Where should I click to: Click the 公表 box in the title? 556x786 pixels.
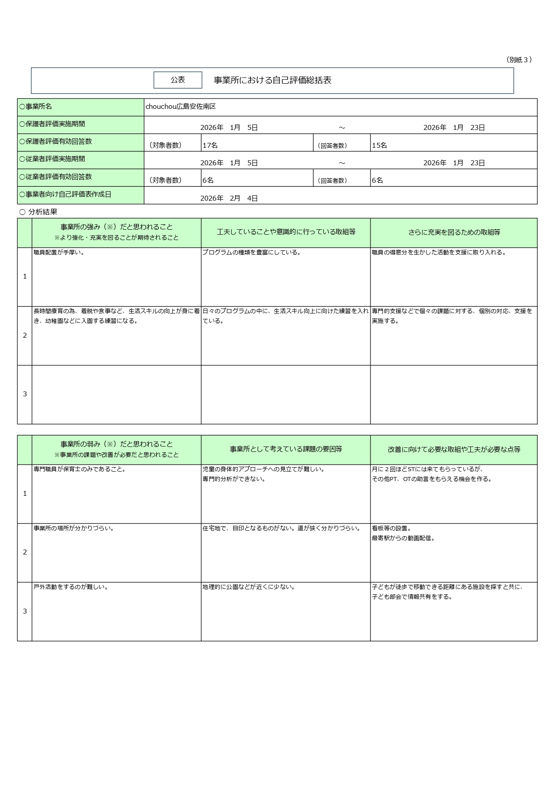coord(178,80)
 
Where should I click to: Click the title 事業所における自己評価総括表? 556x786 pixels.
coord(272,81)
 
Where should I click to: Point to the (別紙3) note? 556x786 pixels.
coord(519,60)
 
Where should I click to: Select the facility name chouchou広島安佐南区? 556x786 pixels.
coord(181,107)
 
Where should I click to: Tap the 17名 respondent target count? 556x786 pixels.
coord(210,145)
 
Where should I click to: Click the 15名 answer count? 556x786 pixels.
coord(379,145)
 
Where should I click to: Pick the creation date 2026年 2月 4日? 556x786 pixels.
coord(229,198)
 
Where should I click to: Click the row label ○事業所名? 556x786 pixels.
coord(36,107)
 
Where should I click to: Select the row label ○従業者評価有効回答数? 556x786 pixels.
coord(56,177)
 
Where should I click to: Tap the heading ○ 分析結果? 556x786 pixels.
coord(39,212)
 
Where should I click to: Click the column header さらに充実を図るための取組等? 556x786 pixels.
coord(454,232)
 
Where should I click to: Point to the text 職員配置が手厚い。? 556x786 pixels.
coord(59,253)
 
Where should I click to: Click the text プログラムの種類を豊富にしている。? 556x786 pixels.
coord(251,253)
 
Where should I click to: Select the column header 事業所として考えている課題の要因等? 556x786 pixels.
coord(286,449)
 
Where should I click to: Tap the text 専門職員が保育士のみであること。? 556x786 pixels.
coord(80,469)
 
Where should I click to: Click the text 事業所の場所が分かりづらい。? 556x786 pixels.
coord(74,528)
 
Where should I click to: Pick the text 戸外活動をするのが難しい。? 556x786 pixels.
coord(71,587)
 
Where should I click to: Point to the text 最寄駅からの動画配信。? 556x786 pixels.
coord(403,538)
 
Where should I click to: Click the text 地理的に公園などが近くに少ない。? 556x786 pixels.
coord(249,587)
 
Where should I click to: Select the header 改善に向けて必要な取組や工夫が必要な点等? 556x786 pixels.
coord(454,449)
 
